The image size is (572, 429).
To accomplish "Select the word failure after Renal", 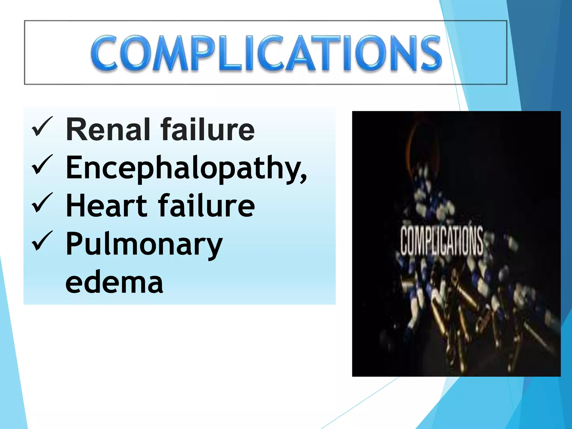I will tap(208, 129).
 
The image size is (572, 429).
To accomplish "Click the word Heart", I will tap(106, 206).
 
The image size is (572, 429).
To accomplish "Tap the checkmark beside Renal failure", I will tap(42, 127).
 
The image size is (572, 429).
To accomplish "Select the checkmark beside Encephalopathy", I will tap(42, 165).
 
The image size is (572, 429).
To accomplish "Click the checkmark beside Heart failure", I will tap(42, 203).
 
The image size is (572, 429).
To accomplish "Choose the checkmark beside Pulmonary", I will tap(42, 241).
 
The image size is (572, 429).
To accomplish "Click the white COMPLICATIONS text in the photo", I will tap(442, 241).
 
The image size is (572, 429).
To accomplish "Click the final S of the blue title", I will tap(431, 53).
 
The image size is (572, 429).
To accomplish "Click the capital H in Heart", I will tap(75, 206).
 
